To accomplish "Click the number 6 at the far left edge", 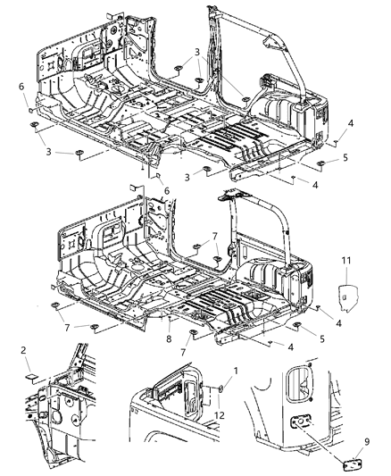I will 20,86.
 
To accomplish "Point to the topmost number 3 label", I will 196,52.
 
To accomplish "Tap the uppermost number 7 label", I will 214,235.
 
